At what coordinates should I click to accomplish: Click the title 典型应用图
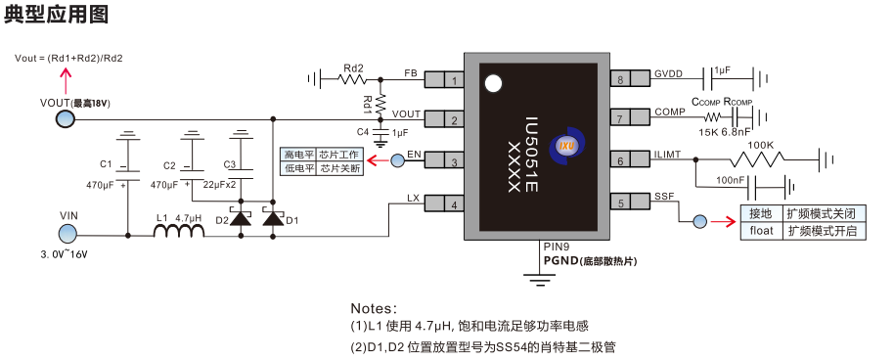[56, 15]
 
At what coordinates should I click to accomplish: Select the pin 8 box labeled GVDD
[620, 79]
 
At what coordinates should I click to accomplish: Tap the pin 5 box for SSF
[620, 202]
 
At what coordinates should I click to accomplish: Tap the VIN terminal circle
[68, 233]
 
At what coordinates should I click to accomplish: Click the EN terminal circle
[398, 160]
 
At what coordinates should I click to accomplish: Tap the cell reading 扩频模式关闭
[823, 212]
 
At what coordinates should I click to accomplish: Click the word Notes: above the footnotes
[374, 307]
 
